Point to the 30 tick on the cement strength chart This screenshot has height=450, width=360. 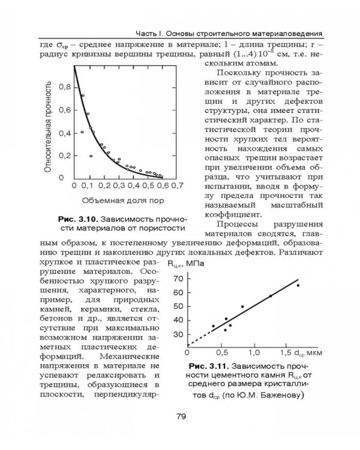pos(178,334)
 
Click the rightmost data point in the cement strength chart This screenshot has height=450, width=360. pos(298,285)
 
